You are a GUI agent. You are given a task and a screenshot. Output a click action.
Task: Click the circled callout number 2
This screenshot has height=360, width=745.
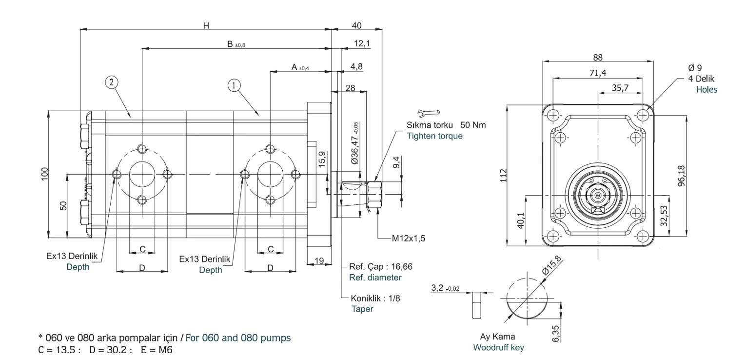pyautogui.click(x=112, y=82)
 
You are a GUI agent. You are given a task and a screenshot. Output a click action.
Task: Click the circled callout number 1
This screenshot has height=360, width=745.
pyautogui.click(x=234, y=85)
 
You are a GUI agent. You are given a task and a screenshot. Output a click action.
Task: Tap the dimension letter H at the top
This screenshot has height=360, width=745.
pyautogui.click(x=206, y=25)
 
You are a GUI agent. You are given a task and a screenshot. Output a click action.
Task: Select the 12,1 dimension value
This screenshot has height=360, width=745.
pyautogui.click(x=362, y=43)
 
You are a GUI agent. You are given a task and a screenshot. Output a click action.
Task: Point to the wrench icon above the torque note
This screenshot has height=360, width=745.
pyautogui.click(x=429, y=113)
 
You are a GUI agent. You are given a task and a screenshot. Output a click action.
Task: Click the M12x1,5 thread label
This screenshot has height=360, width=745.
pyautogui.click(x=409, y=238)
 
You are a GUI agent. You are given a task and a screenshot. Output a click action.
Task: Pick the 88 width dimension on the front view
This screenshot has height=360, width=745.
pyautogui.click(x=598, y=58)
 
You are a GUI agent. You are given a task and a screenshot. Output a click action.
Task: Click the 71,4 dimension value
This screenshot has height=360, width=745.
pyautogui.click(x=598, y=73)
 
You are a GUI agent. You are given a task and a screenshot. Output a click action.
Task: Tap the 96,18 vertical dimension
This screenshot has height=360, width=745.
pyautogui.click(x=682, y=176)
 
